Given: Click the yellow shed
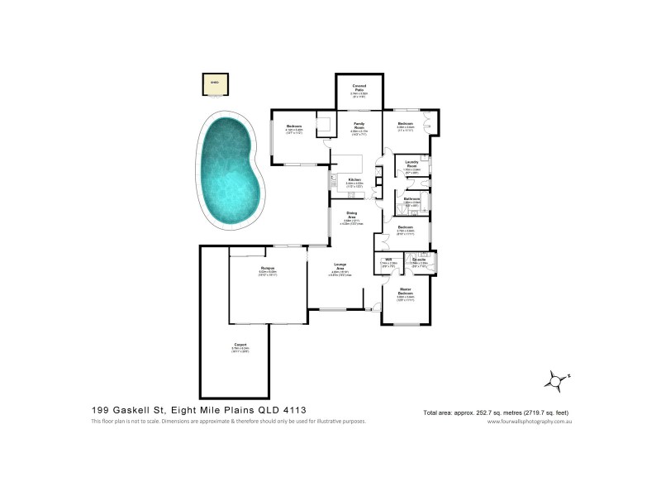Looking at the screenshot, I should (215, 83).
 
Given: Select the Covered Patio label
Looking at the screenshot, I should (359, 87).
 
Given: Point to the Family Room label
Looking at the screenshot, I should (359, 125).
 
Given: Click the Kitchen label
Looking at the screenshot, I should (354, 181).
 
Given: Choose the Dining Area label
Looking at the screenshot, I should (351, 217).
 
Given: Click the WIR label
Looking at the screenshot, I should (388, 260).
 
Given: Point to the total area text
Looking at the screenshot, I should (496, 412).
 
